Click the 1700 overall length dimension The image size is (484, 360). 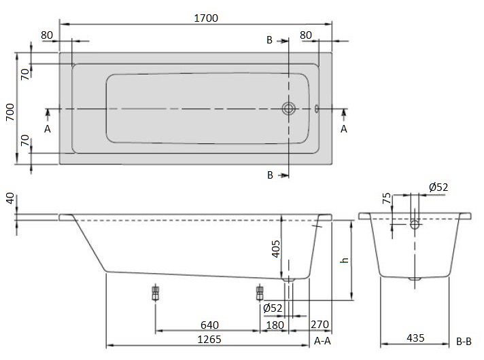tap(205, 18)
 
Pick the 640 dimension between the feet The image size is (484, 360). tap(209, 323)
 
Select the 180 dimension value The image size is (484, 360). tap(275, 323)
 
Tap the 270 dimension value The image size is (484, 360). tap(321, 323)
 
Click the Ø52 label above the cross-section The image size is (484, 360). tap(438, 187)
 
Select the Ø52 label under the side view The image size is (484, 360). tap(273, 308)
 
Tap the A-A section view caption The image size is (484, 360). tap(323, 340)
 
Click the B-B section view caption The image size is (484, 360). tap(464, 340)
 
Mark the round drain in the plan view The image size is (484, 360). tap(289, 108)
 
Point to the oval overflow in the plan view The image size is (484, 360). tap(317, 108)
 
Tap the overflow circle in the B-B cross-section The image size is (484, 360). tap(414, 223)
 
